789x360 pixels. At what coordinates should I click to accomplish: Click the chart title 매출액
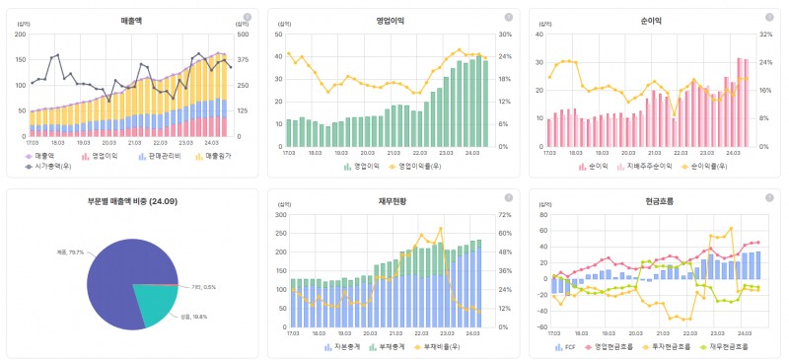point(131,20)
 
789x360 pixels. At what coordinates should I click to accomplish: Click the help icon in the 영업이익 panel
point(509,17)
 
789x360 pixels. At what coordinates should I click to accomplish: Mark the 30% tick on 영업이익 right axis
point(503,35)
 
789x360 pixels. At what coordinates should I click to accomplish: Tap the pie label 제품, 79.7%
point(70,252)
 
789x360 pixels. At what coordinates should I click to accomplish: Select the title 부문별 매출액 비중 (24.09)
point(131,201)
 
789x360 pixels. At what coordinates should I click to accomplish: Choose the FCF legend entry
point(569,347)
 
